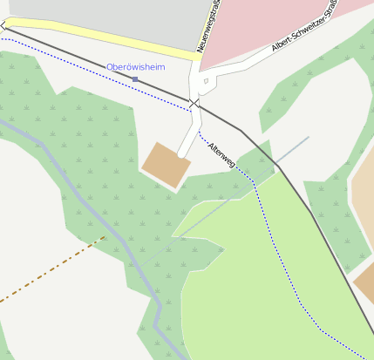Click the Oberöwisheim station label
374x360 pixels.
[x=135, y=67]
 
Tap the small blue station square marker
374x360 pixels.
[x=135, y=79]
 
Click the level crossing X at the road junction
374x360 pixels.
[x=194, y=105]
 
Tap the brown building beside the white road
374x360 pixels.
[x=166, y=164]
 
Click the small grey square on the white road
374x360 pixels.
[x=207, y=82]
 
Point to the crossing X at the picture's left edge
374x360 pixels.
[x=3, y=28]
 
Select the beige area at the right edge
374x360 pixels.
[x=364, y=200]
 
